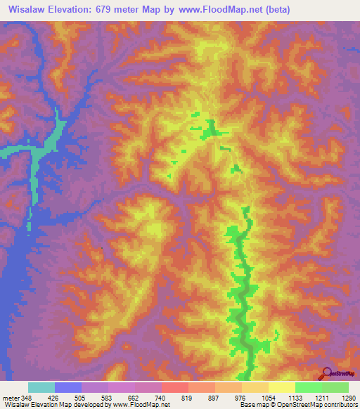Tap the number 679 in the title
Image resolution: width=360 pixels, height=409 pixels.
(x=134, y=11)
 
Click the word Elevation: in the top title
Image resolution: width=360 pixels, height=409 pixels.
(x=89, y=11)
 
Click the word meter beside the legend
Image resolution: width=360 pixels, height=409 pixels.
(x=10, y=398)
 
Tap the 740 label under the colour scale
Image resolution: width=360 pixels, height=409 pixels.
(x=162, y=398)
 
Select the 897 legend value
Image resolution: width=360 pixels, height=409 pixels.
(x=215, y=398)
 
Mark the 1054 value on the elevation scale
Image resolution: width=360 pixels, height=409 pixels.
(x=269, y=398)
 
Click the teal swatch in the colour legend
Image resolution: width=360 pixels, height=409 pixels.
(x=41, y=387)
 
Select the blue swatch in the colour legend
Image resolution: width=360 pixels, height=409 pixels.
(x=67, y=387)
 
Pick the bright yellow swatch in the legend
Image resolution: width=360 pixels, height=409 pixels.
(x=281, y=387)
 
